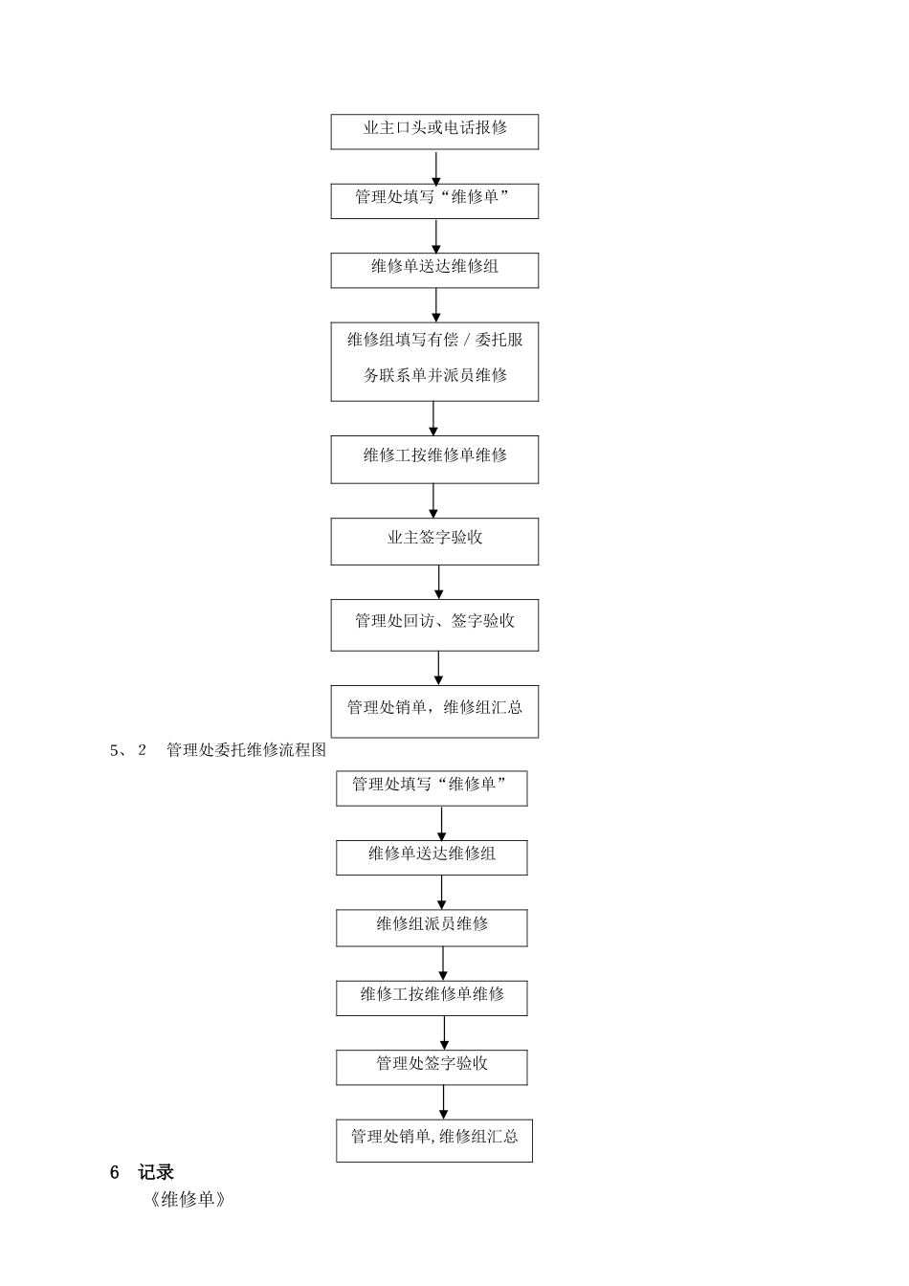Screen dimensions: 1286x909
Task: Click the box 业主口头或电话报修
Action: pos(434,131)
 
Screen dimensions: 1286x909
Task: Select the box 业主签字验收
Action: pos(434,541)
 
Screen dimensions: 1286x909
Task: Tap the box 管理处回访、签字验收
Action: pos(434,624)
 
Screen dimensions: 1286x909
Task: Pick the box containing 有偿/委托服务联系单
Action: pos(434,361)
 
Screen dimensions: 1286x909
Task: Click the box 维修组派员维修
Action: pos(432,927)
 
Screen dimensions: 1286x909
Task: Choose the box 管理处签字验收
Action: pos(432,1067)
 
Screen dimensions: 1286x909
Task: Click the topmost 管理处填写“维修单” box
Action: pos(434,200)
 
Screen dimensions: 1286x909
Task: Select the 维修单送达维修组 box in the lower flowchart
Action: pos(432,857)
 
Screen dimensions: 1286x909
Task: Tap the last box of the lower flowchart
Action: pos(433,1140)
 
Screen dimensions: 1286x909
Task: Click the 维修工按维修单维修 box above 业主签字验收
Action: pos(434,459)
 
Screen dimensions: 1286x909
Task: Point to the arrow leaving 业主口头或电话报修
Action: pos(436,166)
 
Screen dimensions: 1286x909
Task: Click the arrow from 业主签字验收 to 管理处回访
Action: pos(439,582)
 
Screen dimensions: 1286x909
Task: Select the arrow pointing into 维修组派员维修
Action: pos(442,892)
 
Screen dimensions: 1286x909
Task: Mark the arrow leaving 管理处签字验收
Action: pos(444,1101)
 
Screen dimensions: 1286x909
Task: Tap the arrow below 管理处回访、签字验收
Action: pos(439,668)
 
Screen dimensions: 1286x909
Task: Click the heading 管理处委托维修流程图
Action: pos(246,750)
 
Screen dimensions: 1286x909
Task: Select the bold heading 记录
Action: pos(156,1172)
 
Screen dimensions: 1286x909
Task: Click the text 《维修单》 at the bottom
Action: pos(188,1200)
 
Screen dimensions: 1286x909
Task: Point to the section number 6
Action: pos(115,1172)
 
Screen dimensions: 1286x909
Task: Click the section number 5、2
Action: pos(128,750)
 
